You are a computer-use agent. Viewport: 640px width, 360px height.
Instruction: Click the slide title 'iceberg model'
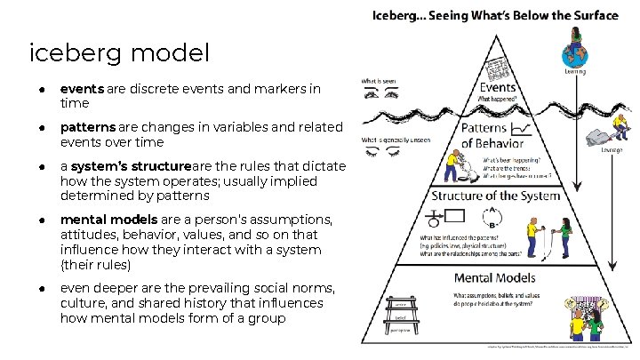pyautogui.click(x=119, y=53)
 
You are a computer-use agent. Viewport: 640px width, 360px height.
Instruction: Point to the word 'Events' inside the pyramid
pyautogui.click(x=498, y=87)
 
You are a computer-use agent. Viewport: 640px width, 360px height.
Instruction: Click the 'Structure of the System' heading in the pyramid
pyautogui.click(x=495, y=196)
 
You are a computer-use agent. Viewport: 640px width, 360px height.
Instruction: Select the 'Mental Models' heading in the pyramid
pyautogui.click(x=492, y=278)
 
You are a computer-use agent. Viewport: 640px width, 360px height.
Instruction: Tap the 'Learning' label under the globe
pyautogui.click(x=574, y=71)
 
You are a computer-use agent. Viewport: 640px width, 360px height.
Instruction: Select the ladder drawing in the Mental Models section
pyautogui.click(x=400, y=315)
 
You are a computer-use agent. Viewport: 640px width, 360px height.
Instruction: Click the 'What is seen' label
pyautogui.click(x=377, y=82)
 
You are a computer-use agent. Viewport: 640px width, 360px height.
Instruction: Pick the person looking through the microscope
pyautogui.click(x=458, y=169)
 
